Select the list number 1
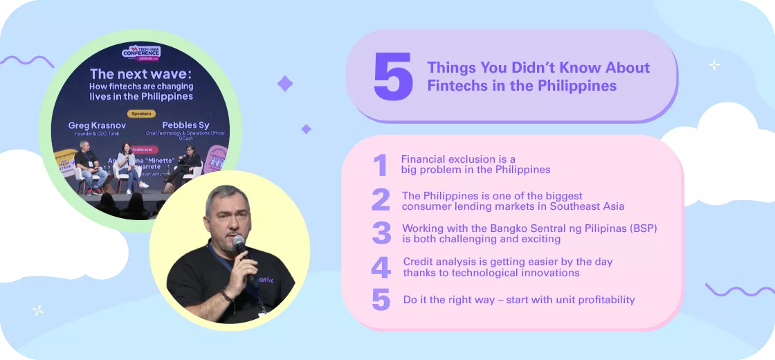click(x=380, y=165)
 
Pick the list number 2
click(x=381, y=200)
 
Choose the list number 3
click(x=381, y=233)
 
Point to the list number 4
click(x=381, y=267)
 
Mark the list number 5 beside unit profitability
click(x=381, y=300)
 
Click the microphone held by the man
click(x=239, y=245)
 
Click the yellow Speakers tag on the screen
click(x=141, y=114)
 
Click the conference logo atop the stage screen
click(x=141, y=53)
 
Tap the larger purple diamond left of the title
click(x=285, y=84)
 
